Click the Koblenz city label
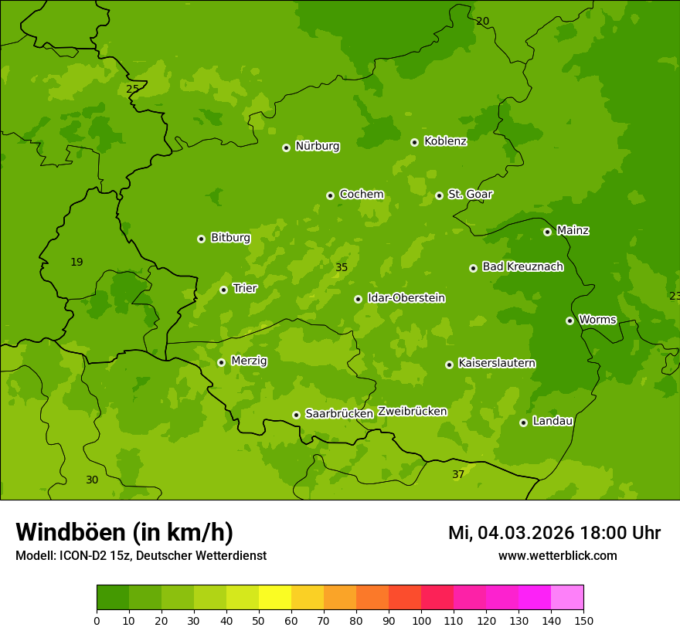(445, 141)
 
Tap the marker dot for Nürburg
(286, 148)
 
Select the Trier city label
(244, 288)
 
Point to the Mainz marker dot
(547, 232)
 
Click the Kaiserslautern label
(496, 363)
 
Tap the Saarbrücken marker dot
(296, 415)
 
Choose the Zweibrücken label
(412, 411)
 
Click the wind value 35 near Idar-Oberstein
(342, 267)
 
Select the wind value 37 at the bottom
(458, 474)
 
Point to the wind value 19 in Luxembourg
(76, 262)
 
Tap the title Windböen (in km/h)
(124, 532)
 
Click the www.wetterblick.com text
(557, 555)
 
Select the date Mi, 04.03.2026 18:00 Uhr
(554, 533)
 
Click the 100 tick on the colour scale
(421, 619)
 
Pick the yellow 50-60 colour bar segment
(275, 597)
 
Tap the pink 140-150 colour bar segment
(567, 597)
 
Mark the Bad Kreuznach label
(522, 266)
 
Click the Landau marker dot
(523, 422)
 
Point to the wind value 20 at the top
(482, 21)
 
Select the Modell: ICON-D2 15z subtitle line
(141, 555)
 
